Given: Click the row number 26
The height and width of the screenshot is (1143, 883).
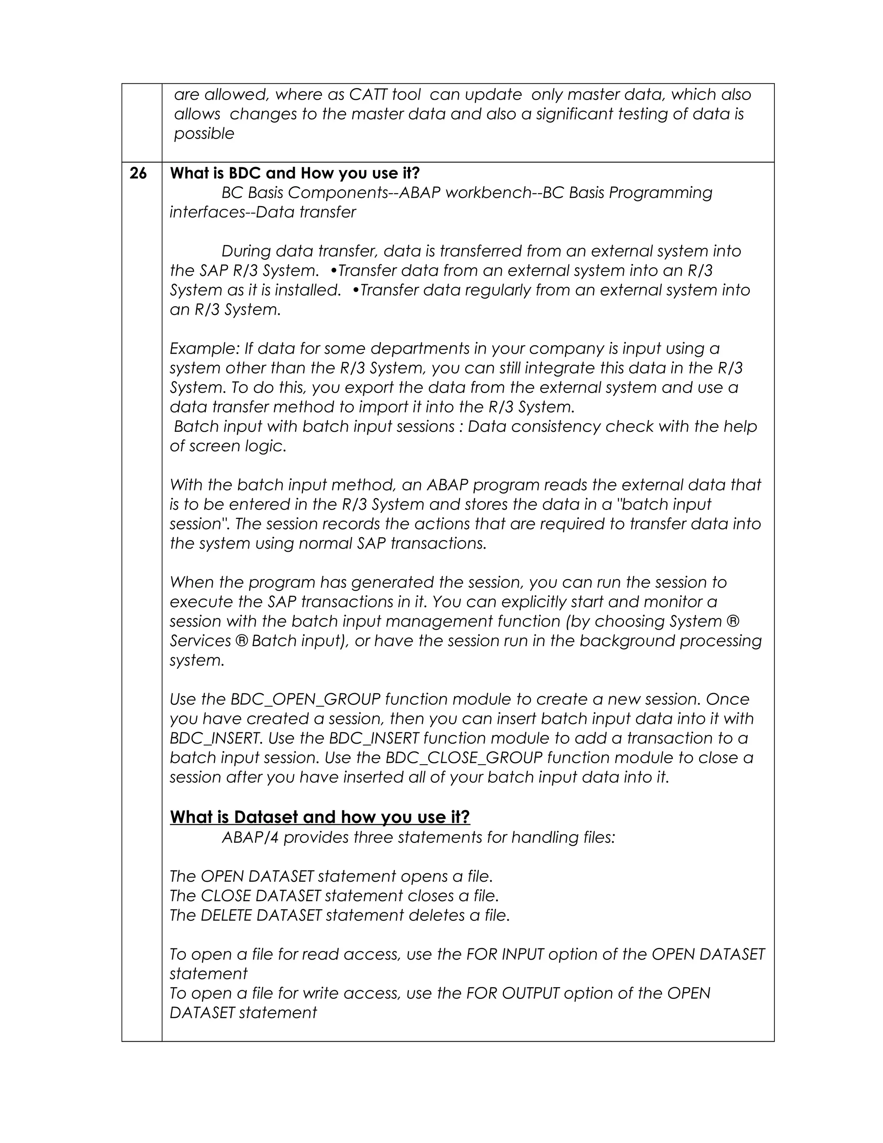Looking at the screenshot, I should tap(138, 173).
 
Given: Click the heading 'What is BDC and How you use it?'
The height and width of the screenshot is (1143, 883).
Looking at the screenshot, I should tap(294, 173).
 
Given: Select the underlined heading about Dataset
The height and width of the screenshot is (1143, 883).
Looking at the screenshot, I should tap(319, 817).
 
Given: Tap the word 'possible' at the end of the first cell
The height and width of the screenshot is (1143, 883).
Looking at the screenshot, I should tap(204, 134).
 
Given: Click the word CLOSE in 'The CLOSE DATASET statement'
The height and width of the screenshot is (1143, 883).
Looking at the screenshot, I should tap(225, 896).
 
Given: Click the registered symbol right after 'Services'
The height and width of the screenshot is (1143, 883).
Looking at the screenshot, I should tap(241, 641).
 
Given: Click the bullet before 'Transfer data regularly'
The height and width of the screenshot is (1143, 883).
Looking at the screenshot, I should tap(356, 290).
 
